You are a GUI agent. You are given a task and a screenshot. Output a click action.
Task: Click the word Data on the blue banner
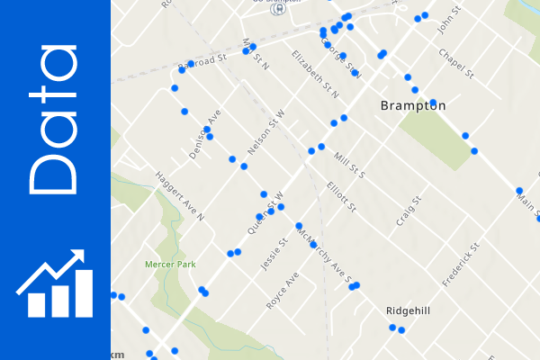[x=55, y=121]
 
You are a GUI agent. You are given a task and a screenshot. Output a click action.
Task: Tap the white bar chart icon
[x=55, y=283]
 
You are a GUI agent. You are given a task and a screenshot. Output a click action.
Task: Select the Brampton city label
[x=413, y=105]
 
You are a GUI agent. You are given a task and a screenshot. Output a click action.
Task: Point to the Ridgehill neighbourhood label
[x=408, y=310]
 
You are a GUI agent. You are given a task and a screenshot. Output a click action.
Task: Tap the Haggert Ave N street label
[x=180, y=196]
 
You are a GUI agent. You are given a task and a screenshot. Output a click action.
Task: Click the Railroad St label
[x=202, y=63]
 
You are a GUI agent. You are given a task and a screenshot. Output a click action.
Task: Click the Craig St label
[x=408, y=212]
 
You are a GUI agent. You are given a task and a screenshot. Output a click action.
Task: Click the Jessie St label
[x=271, y=255]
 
